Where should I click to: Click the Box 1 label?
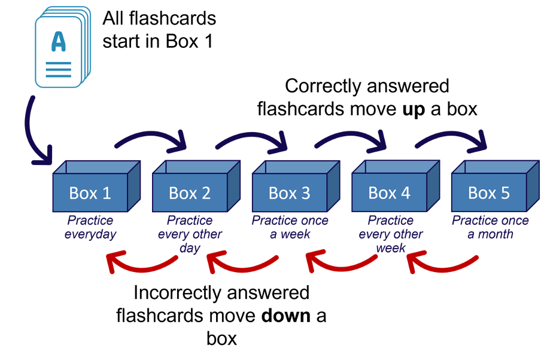tap(90, 193)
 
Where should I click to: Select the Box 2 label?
tap(190, 193)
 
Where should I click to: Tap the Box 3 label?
tap(290, 193)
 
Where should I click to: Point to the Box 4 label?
tap(389, 193)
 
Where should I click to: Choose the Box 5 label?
tap(489, 193)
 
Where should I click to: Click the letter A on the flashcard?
tap(59, 42)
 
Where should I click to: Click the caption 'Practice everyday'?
tap(90, 228)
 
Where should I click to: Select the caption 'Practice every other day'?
tap(190, 234)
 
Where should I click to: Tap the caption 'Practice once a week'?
tap(290, 228)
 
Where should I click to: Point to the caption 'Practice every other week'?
tap(390, 234)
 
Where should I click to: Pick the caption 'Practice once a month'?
tap(490, 228)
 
